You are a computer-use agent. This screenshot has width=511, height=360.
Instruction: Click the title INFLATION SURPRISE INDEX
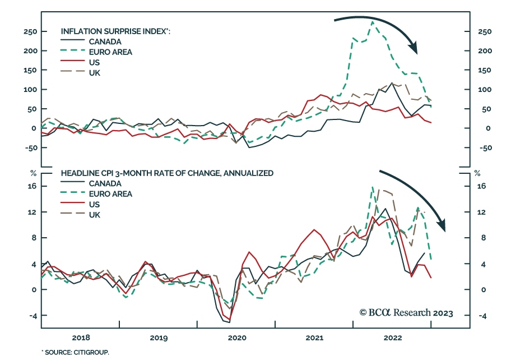pyautogui.click(x=115, y=31)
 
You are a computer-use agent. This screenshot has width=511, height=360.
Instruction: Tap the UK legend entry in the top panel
pyautogui.click(x=95, y=73)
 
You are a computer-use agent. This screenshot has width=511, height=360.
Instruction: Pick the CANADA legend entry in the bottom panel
pyautogui.click(x=105, y=183)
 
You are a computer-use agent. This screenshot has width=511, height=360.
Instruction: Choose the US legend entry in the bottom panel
pyautogui.click(x=95, y=204)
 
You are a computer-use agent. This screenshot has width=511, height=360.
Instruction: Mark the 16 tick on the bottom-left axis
pyautogui.click(x=32, y=186)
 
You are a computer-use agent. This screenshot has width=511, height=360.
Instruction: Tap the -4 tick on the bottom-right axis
pyautogui.click(x=480, y=316)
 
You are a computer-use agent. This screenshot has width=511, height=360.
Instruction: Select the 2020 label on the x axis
pyautogui.click(x=237, y=338)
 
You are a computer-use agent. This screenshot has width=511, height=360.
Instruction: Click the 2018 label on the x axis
pyautogui.click(x=81, y=338)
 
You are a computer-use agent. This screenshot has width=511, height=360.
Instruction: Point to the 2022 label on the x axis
pyautogui.click(x=392, y=338)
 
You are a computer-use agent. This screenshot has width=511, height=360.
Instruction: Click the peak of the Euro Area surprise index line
pyautogui.click(x=373, y=21)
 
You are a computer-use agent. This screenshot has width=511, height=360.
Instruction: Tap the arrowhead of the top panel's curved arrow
pyautogui.click(x=415, y=49)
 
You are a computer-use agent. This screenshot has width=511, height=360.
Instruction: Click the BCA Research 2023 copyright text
pyautogui.click(x=406, y=313)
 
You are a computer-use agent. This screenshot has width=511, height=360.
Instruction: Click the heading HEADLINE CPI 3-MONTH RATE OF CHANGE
pyautogui.click(x=167, y=173)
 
